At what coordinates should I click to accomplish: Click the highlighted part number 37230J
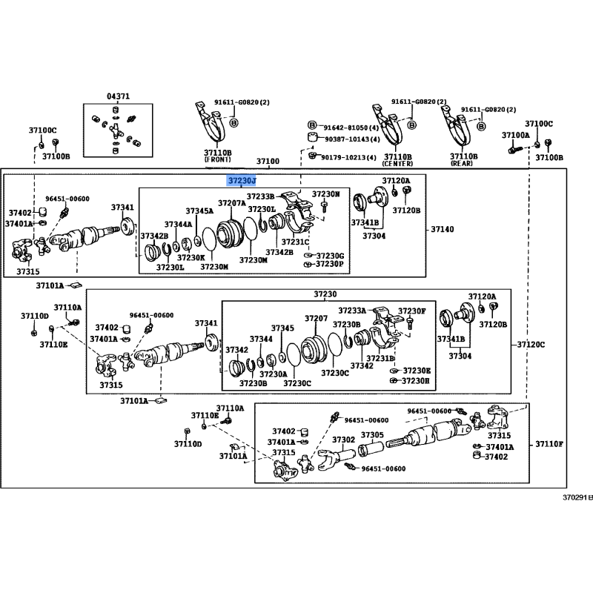click(x=242, y=180)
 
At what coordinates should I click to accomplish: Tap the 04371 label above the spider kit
click(x=117, y=96)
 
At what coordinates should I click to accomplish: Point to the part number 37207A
click(x=231, y=202)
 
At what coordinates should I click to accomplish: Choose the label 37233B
click(x=260, y=196)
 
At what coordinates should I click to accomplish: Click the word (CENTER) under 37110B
click(x=397, y=163)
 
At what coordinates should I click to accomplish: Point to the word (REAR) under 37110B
click(x=463, y=163)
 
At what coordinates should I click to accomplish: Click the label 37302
click(x=343, y=440)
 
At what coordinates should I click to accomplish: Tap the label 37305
click(x=372, y=435)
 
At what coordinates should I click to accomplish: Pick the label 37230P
click(x=330, y=264)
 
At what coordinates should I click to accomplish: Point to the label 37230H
click(x=415, y=380)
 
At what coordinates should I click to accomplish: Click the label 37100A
click(x=515, y=136)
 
